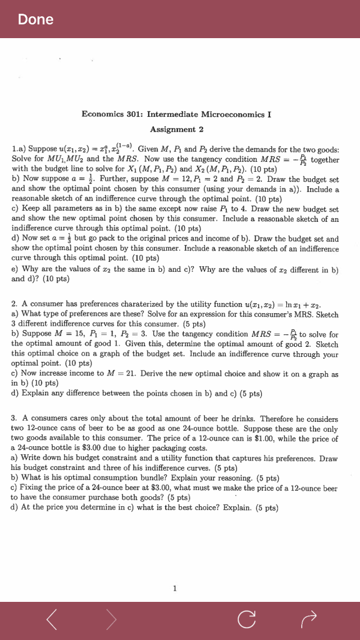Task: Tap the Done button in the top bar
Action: [x=36, y=20]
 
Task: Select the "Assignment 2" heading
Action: [x=176, y=129]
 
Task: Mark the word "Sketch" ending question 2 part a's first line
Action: [x=325, y=314]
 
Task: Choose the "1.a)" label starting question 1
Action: [x=19, y=150]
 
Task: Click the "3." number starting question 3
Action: [x=14, y=419]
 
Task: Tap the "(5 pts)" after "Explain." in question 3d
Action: [x=267, y=508]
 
